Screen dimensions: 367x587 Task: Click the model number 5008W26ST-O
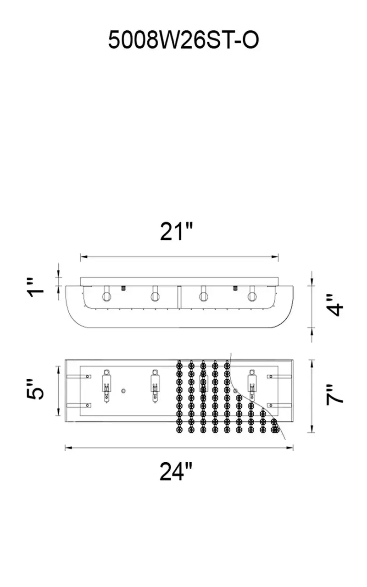click(183, 40)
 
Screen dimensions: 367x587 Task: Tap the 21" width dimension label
click(177, 232)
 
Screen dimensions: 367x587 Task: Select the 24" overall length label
click(176, 471)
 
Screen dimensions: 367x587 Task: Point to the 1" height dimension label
click(36, 288)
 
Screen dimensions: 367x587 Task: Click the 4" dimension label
click(334, 305)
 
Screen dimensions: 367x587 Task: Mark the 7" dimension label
click(334, 396)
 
